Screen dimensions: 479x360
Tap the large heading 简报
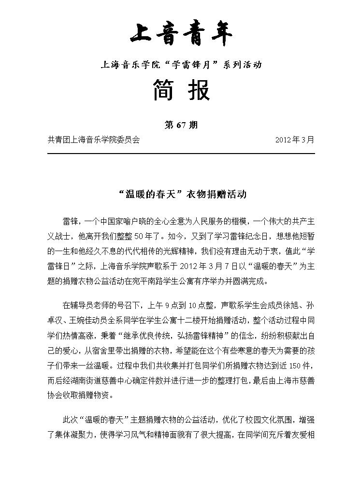tap(181, 90)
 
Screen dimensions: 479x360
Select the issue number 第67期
tap(181, 125)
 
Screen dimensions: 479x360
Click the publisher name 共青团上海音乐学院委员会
tap(94, 140)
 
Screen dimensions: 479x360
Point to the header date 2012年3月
tap(294, 140)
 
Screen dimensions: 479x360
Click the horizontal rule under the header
tap(181, 154)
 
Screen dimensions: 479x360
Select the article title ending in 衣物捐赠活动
tap(181, 195)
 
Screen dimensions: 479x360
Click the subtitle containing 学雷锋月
tap(181, 64)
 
